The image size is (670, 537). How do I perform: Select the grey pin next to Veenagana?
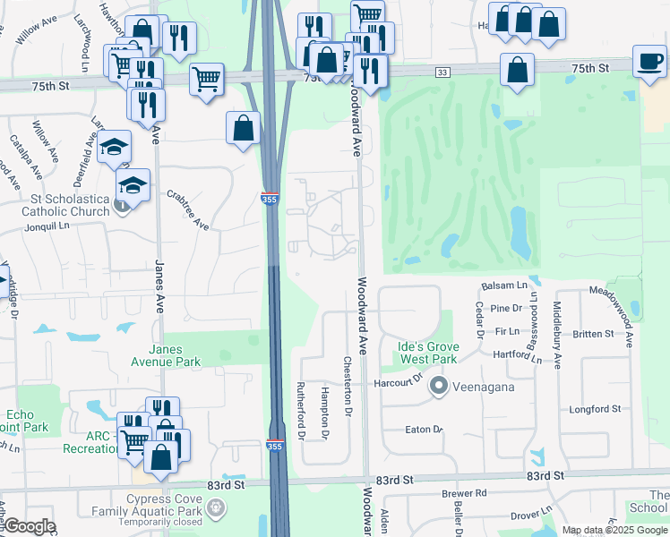438,387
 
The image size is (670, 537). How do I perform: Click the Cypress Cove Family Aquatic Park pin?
216,509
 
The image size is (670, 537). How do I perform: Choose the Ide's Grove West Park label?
428,353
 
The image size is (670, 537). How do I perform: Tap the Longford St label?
595,409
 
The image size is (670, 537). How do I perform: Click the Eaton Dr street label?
424,430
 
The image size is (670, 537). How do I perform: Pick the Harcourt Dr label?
399,382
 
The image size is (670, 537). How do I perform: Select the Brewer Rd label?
463,493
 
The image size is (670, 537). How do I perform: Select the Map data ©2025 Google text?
614,530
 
